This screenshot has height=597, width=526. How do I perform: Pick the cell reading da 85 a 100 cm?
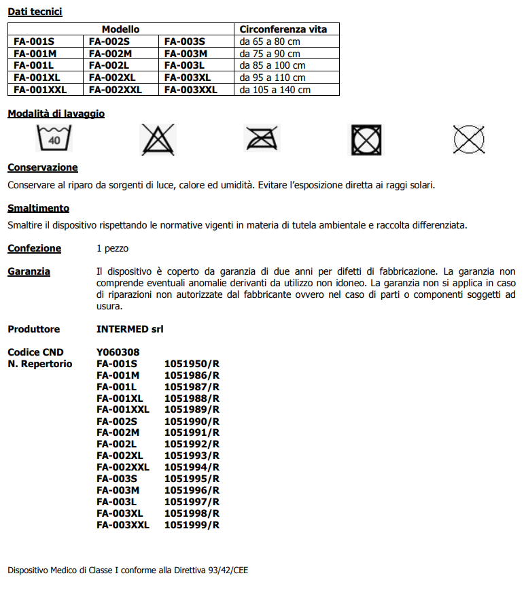click(x=273, y=65)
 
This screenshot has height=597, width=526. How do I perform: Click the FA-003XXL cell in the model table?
click(x=190, y=90)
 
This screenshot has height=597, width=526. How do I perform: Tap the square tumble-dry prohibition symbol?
click(x=366, y=140)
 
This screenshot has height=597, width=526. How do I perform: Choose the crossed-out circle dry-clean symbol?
click(x=469, y=139)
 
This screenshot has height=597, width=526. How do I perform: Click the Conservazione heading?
click(x=43, y=167)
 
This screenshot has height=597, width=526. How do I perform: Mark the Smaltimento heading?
click(x=38, y=208)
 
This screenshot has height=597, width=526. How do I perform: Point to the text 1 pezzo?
click(x=112, y=249)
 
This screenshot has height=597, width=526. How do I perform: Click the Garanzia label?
click(x=29, y=271)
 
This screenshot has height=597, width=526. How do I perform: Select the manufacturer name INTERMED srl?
click(x=130, y=329)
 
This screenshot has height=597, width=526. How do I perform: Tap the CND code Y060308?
click(x=118, y=352)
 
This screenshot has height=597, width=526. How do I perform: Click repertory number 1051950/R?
click(x=192, y=364)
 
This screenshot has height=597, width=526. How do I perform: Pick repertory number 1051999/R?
click(x=192, y=525)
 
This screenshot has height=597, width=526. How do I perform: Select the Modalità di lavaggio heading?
click(x=56, y=114)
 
